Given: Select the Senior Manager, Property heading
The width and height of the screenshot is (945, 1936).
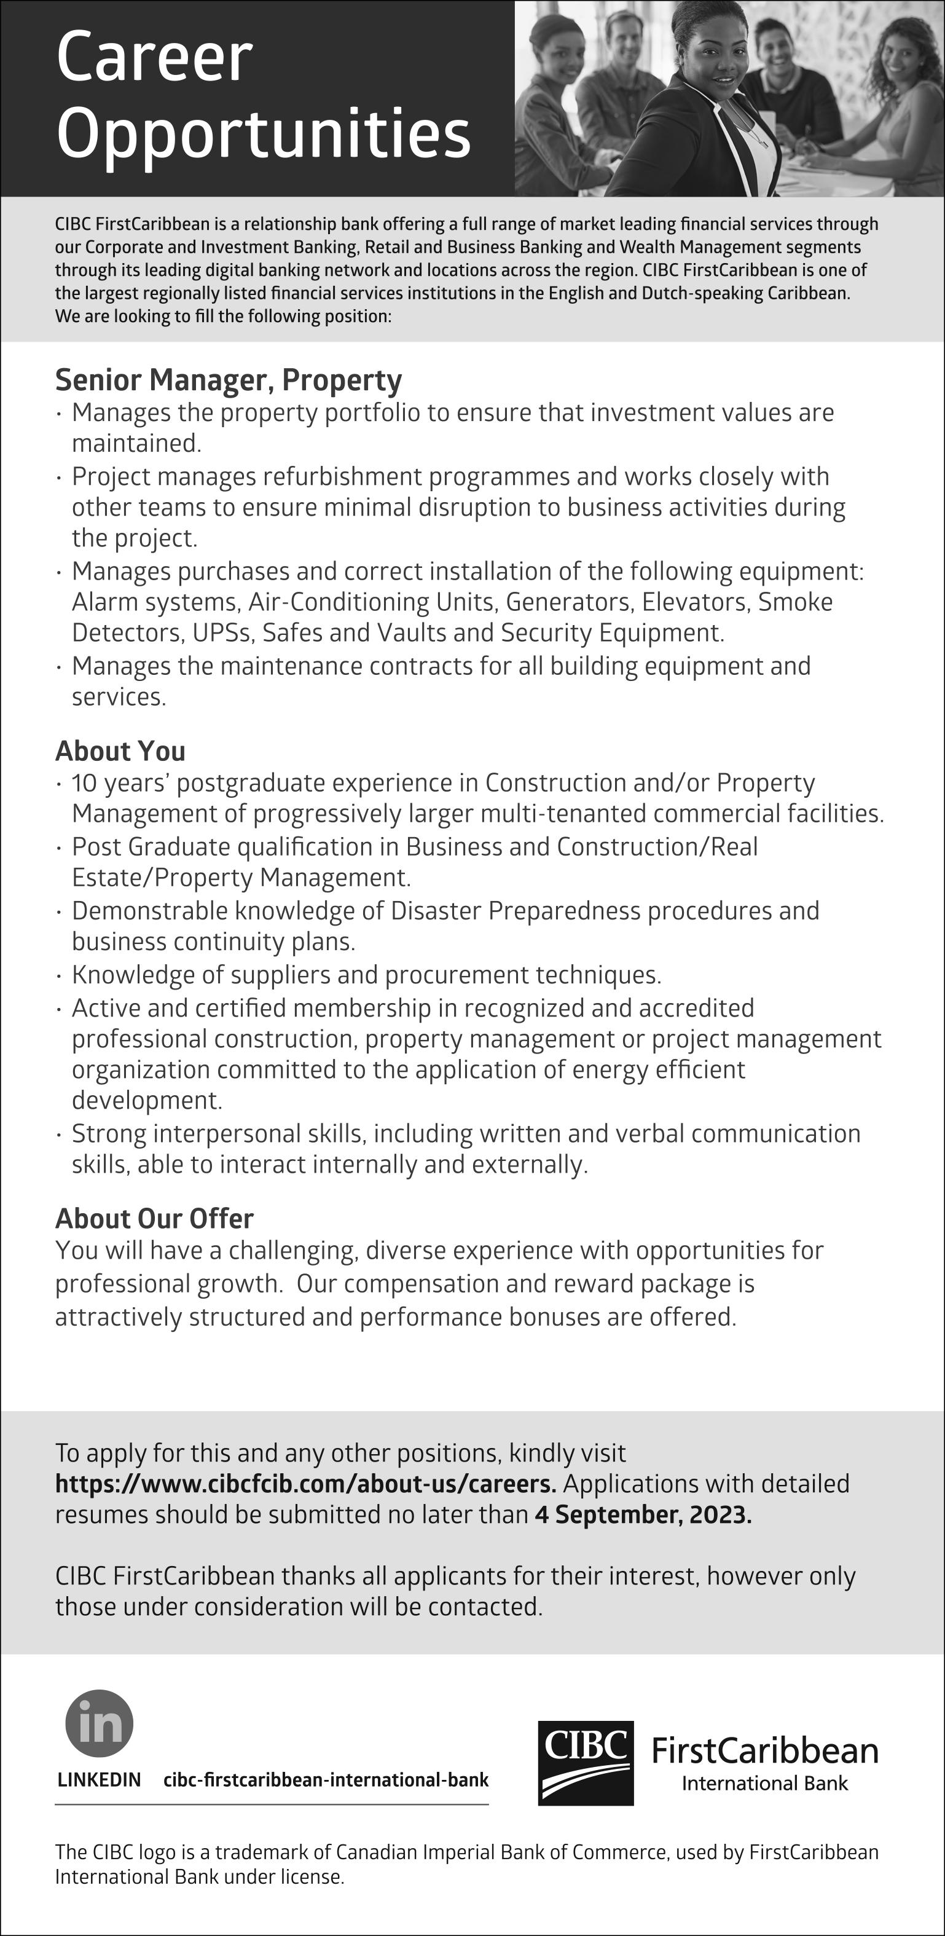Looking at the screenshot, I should pos(229,380).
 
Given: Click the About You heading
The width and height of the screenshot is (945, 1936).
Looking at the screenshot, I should pos(120,751).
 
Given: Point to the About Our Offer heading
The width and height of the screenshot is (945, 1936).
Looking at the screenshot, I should pos(154,1218).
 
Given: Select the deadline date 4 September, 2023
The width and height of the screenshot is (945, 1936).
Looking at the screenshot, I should pos(643,1515).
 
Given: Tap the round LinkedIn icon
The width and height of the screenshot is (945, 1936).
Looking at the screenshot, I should pos(99,1723).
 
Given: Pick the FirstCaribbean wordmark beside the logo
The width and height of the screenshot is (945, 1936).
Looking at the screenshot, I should pos(765,1751).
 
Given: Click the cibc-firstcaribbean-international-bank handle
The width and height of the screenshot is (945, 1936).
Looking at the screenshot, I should pos(326,1780).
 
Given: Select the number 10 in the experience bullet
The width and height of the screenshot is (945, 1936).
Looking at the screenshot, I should pos(84,783).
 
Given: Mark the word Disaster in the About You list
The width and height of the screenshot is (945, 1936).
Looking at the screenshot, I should pos(436,911).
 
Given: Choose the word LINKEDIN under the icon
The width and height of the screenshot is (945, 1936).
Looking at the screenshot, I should pos(99,1780).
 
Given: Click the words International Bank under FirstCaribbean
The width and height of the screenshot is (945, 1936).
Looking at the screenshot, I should pos(765,1784).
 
